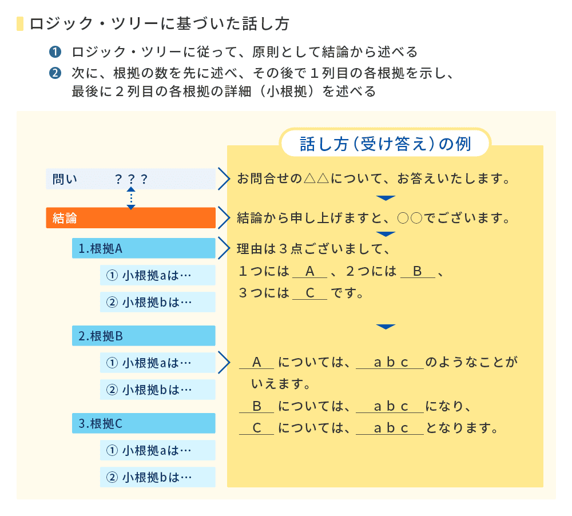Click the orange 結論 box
(130, 218)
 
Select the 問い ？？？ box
(130, 179)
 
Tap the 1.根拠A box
(144, 248)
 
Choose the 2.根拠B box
(144, 336)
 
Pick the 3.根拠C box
(144, 423)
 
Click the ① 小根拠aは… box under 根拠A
(157, 275)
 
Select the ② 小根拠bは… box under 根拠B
(157, 390)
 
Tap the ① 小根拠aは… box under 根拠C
(157, 450)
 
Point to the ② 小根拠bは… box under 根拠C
(157, 477)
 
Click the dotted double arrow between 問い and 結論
(131, 198)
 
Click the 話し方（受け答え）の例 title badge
(386, 144)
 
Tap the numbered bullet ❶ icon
(55, 53)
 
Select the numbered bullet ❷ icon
(55, 74)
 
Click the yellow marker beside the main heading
(21, 24)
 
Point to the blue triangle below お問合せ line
(386, 198)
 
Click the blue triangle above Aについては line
(386, 327)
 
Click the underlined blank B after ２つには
(418, 272)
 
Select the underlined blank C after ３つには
(310, 293)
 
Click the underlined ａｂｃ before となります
(390, 428)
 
